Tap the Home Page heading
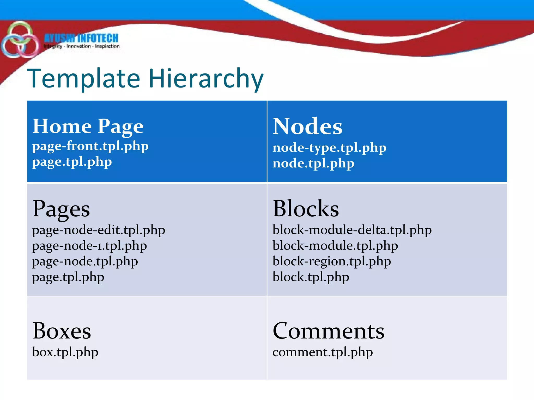88,126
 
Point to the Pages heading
61,209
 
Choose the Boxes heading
62,331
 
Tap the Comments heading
329,331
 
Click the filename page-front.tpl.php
90,146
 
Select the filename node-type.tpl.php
329,148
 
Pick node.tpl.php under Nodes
313,164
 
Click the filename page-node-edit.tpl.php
99,230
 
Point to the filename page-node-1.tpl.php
89,246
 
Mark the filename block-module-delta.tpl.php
352,230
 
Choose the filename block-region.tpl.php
332,261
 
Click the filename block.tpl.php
311,277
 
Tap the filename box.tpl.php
65,352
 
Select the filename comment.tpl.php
323,352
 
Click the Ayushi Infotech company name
81,38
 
